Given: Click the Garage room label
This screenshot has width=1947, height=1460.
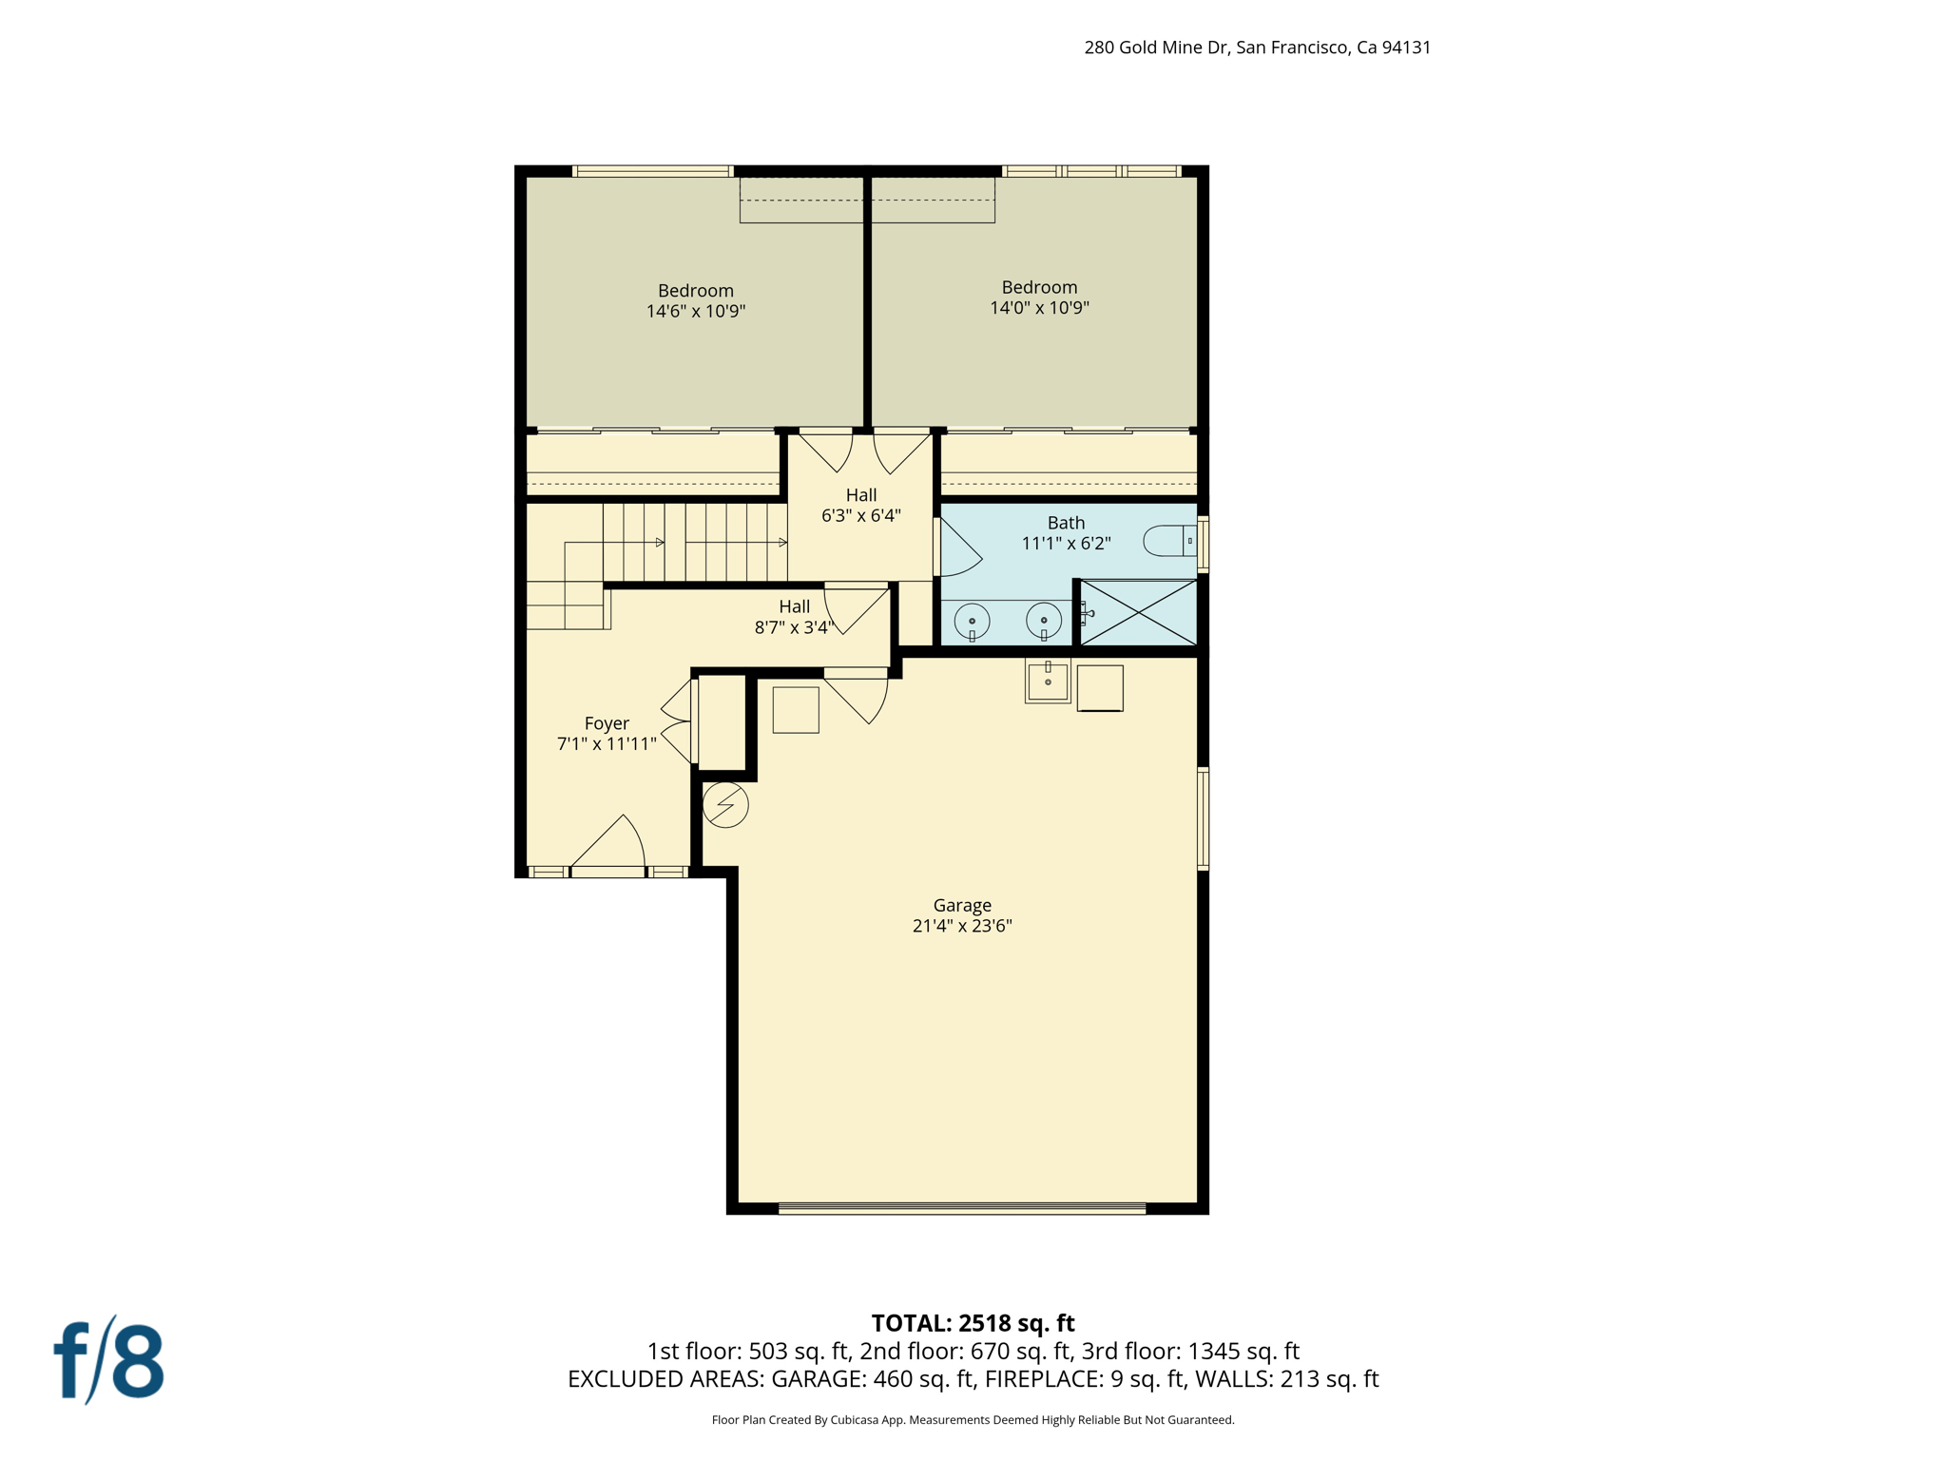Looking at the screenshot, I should pyautogui.click(x=962, y=905).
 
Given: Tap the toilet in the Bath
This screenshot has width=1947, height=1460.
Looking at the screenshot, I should pyautogui.click(x=1169, y=541).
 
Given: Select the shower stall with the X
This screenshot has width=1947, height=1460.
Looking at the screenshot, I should pyautogui.click(x=1138, y=613).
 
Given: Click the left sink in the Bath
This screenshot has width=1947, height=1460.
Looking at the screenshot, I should pyautogui.click(x=972, y=622).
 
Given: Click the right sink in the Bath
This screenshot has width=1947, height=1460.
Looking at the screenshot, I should pyautogui.click(x=1044, y=622).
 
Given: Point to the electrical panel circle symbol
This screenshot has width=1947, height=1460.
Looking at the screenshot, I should pyautogui.click(x=725, y=805).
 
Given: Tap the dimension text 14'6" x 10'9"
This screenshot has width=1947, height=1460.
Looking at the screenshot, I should pyautogui.click(x=696, y=311).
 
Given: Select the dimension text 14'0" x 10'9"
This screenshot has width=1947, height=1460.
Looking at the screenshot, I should pyautogui.click(x=1039, y=308).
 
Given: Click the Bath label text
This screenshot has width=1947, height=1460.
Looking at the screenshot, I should pyautogui.click(x=1066, y=523).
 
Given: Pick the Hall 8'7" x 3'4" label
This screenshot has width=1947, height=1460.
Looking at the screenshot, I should pyautogui.click(x=795, y=617).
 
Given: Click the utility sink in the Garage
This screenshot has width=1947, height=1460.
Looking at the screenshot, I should pyautogui.click(x=1048, y=681).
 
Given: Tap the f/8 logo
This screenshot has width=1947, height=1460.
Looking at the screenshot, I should pyautogui.click(x=108, y=1360).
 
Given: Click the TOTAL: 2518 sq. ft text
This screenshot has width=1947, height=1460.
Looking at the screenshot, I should pyautogui.click(x=973, y=1323).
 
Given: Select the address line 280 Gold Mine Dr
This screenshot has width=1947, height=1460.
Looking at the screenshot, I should pyautogui.click(x=1257, y=48).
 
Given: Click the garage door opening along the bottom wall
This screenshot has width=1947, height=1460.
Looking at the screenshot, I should pyautogui.click(x=962, y=1208).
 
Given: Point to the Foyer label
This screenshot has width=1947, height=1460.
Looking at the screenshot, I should pyautogui.click(x=607, y=723).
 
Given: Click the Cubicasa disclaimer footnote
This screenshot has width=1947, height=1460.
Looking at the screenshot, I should pyautogui.click(x=973, y=1420).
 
